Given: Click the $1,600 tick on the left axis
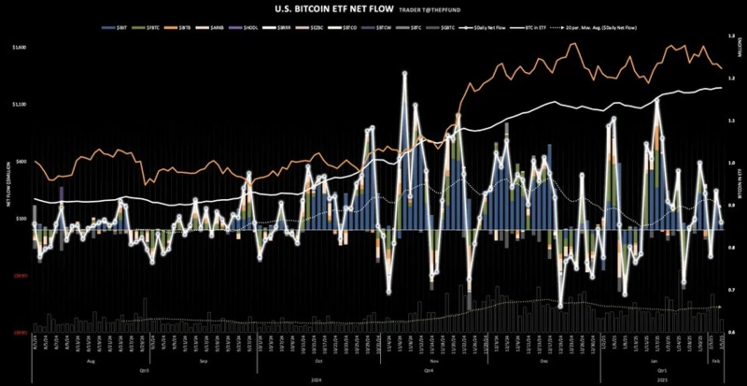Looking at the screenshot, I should (x=20, y=47).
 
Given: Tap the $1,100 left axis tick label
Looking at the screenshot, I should (x=20, y=104).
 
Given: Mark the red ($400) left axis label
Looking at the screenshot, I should (x=19, y=275).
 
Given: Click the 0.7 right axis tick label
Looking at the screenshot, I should (x=730, y=291).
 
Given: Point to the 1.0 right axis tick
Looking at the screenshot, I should (x=730, y=164).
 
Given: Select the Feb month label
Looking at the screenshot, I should (x=715, y=358).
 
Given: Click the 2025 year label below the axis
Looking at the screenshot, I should (x=660, y=379).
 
